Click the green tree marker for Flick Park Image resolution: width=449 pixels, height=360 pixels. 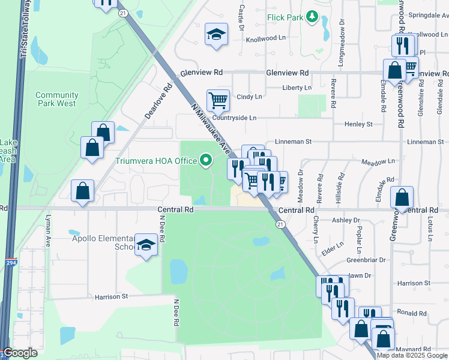coord(312,17)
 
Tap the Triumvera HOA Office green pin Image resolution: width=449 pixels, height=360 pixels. coord(206,160)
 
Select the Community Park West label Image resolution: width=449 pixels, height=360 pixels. coord(56,99)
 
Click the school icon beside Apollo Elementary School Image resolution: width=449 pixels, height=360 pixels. coord(145,245)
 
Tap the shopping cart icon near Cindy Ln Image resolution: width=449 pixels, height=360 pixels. coord(218,100)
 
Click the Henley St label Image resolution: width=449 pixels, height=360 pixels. coord(358,124)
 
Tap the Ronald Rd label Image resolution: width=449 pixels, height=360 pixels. coord(411,313)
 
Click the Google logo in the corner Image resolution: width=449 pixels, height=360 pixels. coord(20,353)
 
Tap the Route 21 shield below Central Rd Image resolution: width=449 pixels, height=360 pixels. coord(280,224)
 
